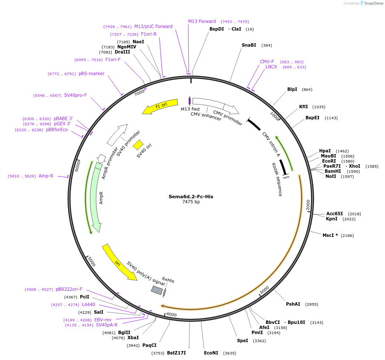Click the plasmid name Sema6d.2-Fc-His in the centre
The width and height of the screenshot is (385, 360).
pyautogui.click(x=191, y=197)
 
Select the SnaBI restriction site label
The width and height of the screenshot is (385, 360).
pyautogui.click(x=249, y=45)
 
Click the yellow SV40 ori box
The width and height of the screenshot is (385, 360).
pyautogui.click(x=138, y=145)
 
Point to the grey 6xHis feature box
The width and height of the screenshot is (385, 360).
pyautogui.click(x=157, y=290)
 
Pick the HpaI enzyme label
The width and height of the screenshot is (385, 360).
pyautogui.click(x=325, y=151)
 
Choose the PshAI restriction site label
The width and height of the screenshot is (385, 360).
pyautogui.click(x=293, y=304)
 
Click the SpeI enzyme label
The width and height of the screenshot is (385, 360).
pyautogui.click(x=242, y=340)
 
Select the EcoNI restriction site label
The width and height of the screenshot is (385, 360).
pyautogui.click(x=211, y=353)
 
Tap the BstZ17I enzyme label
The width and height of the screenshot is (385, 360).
pyautogui.click(x=176, y=353)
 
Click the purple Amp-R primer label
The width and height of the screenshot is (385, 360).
pyautogui.click(x=46, y=176)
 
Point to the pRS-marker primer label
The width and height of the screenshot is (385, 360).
pyautogui.click(x=91, y=73)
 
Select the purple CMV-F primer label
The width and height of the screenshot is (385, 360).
pyautogui.click(x=267, y=62)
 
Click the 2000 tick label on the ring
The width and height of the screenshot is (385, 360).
pyautogui.click(x=309, y=204)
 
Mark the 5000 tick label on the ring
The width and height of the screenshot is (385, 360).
pyautogui.click(x=91, y=262)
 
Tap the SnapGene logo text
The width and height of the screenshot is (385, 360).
pyautogui.click(x=373, y=3)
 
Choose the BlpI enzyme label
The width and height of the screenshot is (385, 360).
pyautogui.click(x=292, y=89)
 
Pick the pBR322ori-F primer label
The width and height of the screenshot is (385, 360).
pyautogui.click(x=69, y=290)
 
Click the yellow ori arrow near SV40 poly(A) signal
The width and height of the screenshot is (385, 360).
pyautogui.click(x=119, y=262)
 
